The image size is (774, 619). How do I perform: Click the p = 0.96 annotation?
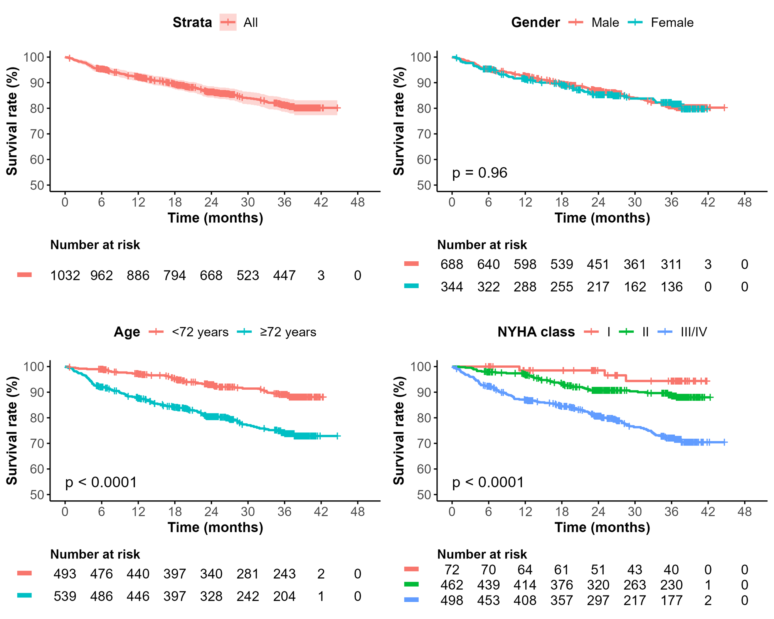click(479, 173)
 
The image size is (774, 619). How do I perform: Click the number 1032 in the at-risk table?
click(65, 276)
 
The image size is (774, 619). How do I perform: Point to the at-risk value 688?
click(452, 264)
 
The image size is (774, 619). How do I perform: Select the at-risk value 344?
click(452, 287)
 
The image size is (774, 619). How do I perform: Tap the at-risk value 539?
click(65, 596)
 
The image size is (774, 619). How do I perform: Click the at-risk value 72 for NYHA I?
click(452, 570)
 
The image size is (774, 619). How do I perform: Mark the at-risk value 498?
click(452, 600)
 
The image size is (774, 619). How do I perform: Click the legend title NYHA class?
click(536, 332)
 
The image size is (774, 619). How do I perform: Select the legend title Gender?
click(535, 22)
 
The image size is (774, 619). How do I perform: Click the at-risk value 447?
click(284, 276)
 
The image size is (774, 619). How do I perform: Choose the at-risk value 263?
click(635, 585)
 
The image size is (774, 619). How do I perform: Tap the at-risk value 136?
click(671, 287)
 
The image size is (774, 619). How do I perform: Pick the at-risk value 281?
click(248, 574)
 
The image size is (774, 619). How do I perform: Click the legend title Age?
click(127, 332)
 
